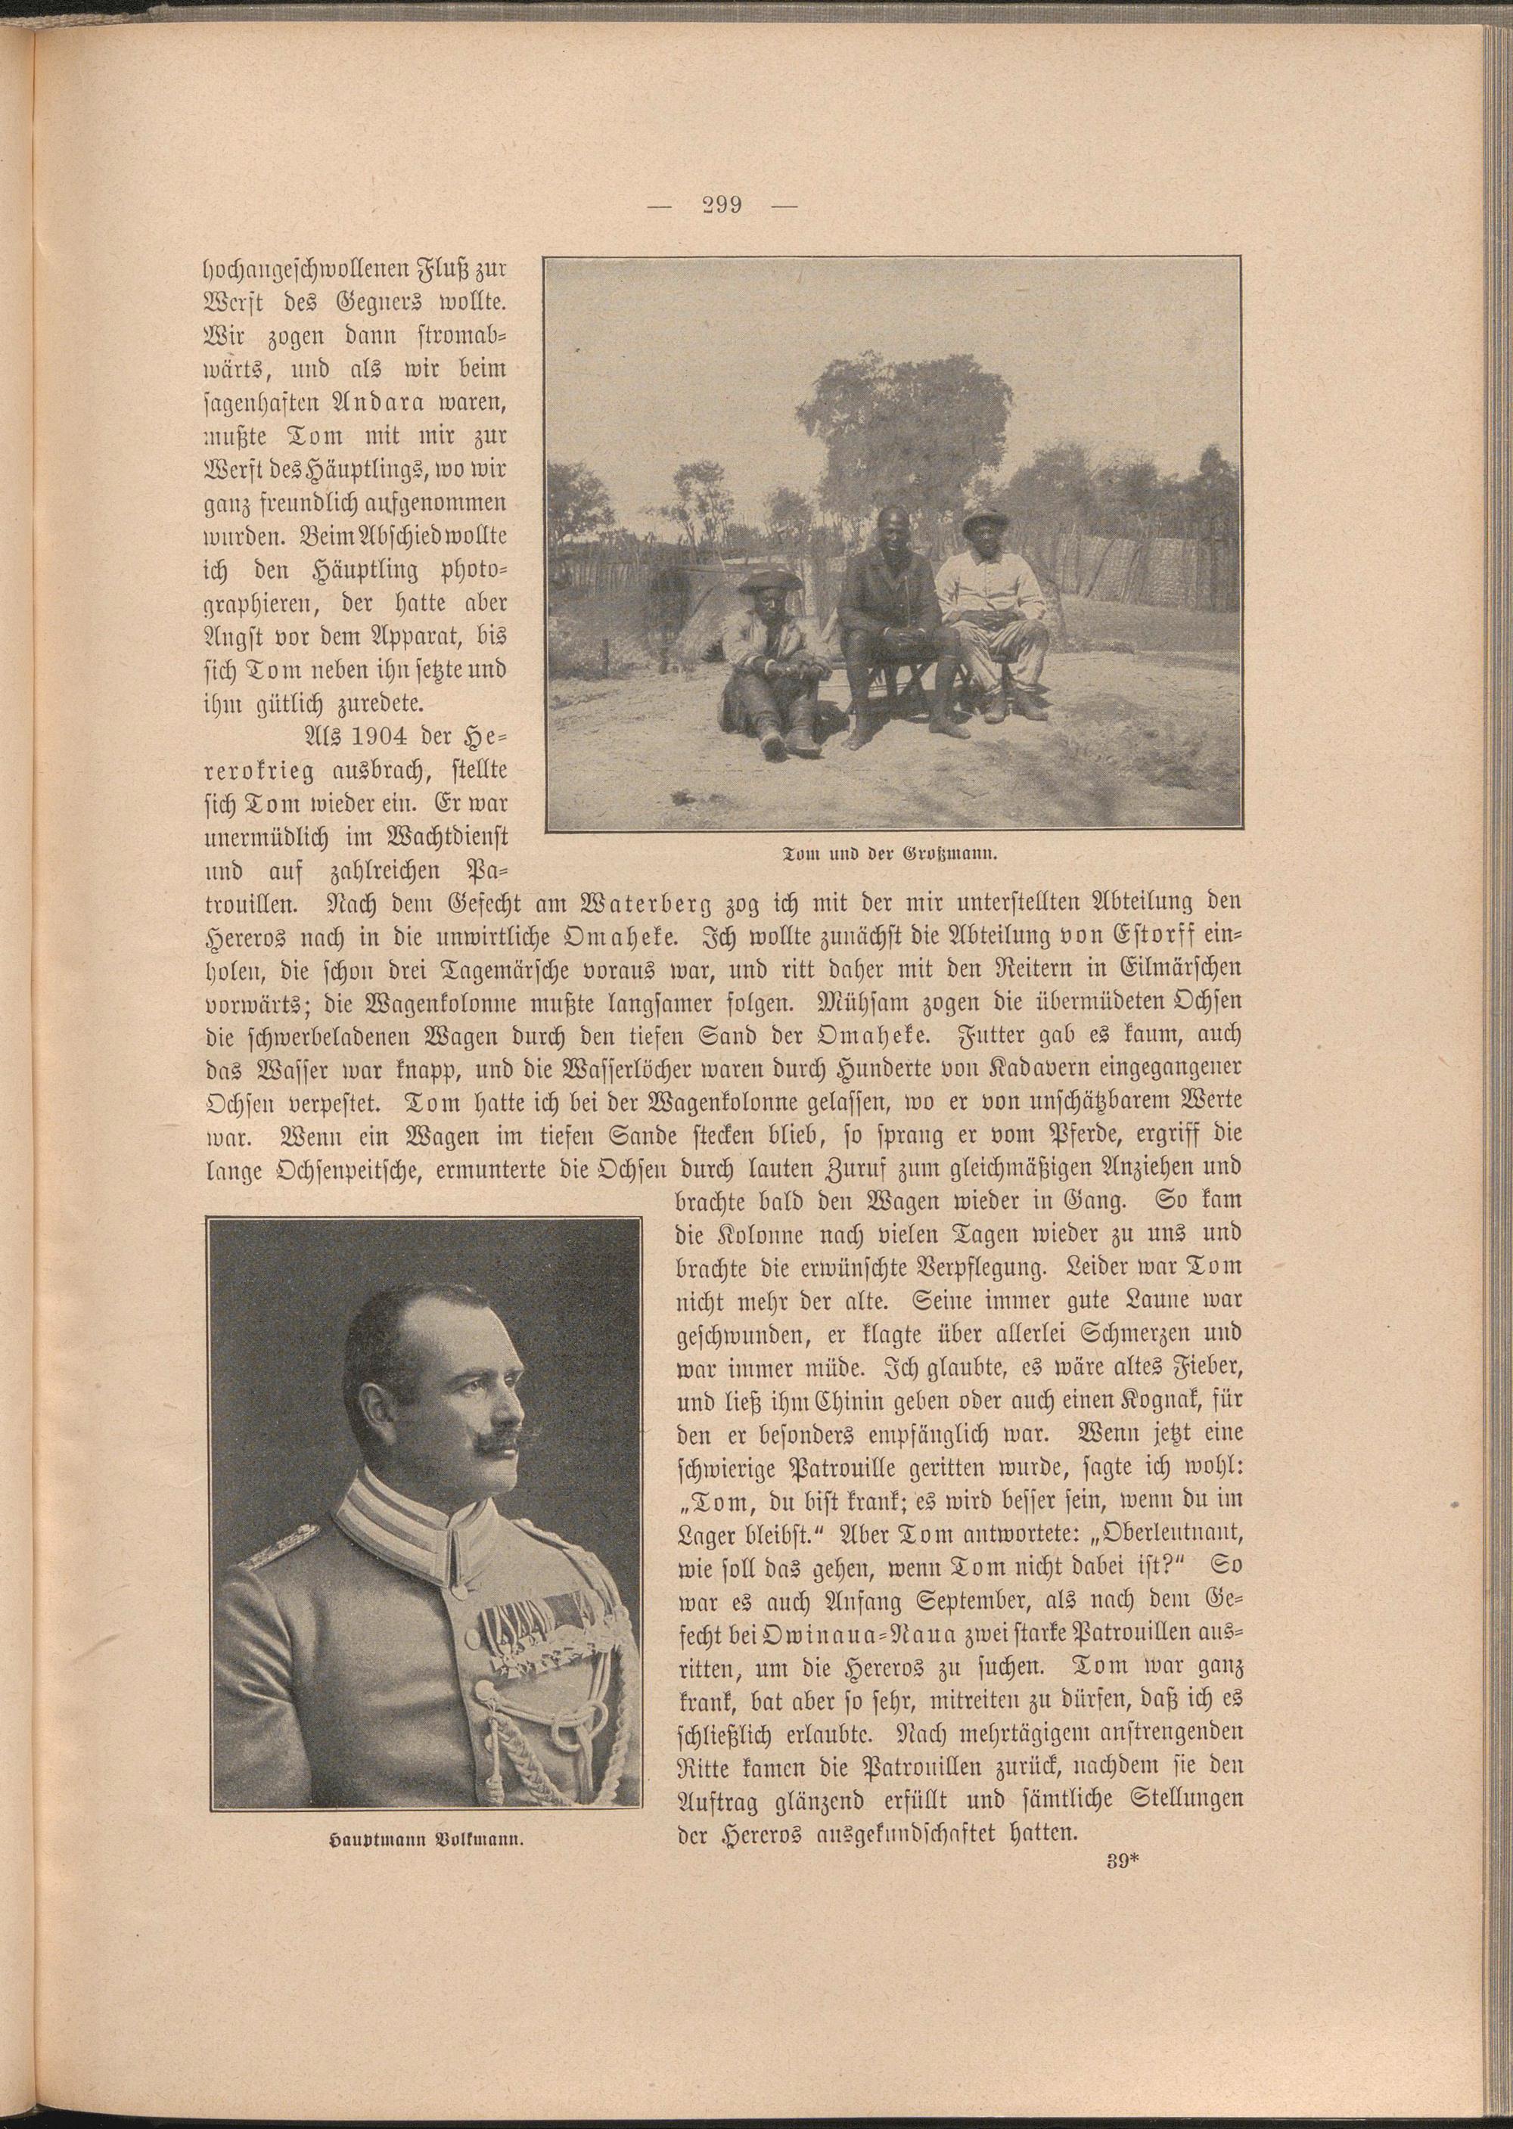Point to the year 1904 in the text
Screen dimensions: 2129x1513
coord(402,735)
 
